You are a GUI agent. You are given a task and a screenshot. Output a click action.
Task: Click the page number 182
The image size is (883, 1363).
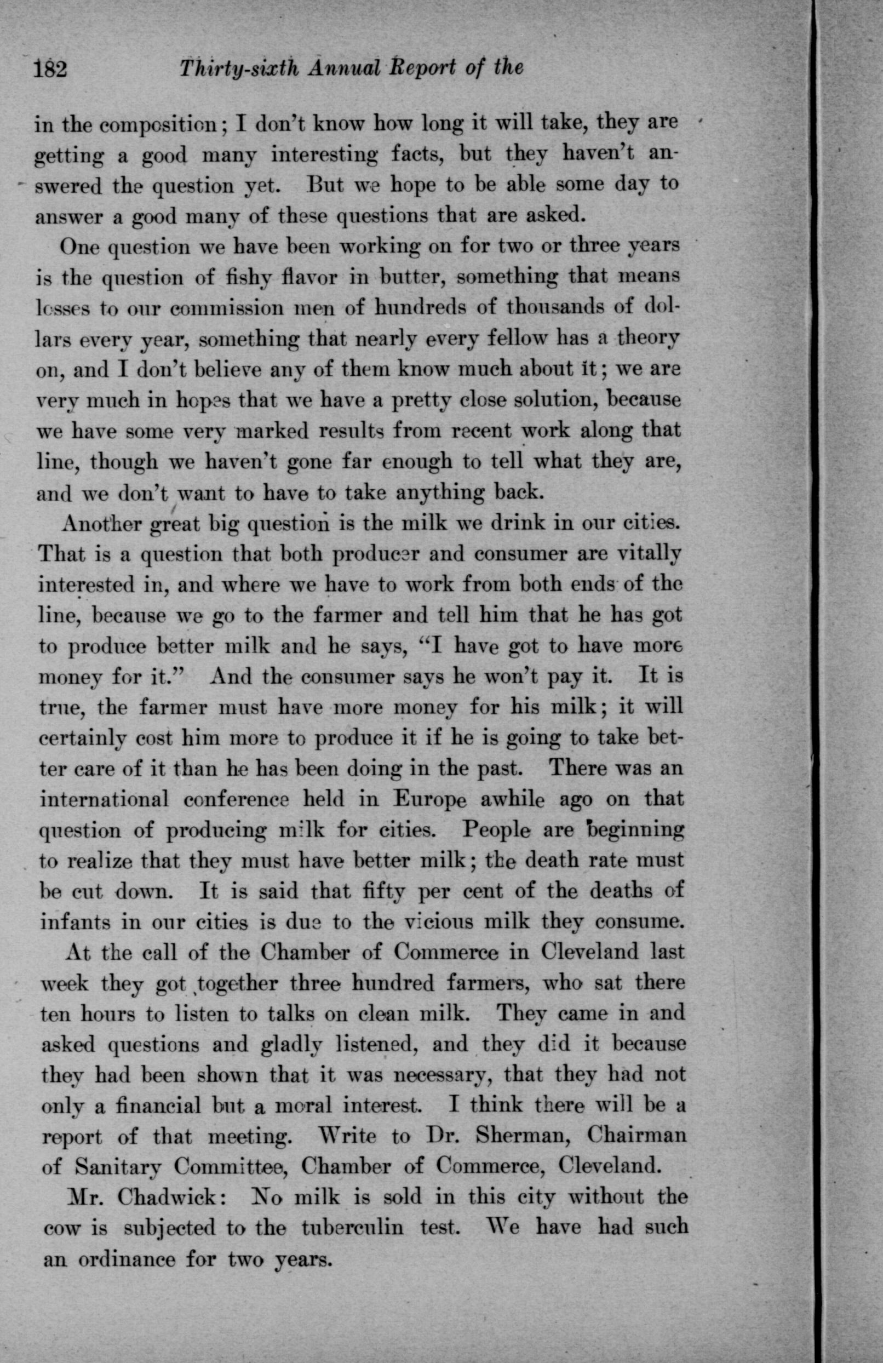[x=51, y=69]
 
